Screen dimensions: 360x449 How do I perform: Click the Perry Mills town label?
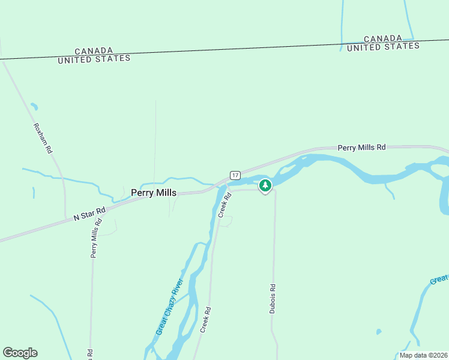[x=154, y=193]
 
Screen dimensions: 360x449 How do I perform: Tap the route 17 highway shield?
[x=235, y=175]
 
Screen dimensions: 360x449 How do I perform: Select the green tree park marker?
[x=265, y=185]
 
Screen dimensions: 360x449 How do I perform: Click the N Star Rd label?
[x=89, y=213]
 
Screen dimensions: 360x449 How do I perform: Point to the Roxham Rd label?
[x=43, y=139]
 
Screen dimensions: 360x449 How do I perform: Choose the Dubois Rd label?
[x=273, y=299]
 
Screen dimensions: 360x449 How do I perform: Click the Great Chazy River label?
[x=169, y=307]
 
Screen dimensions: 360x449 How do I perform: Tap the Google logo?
[x=20, y=353]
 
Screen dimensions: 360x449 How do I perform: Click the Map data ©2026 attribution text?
[x=423, y=355]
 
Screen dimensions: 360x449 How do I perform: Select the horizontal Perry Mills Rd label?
[x=361, y=147]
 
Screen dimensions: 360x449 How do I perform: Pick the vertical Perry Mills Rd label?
[x=94, y=238]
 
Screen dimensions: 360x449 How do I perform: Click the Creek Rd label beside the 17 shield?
[x=224, y=205]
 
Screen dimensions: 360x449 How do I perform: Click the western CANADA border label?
[x=94, y=51]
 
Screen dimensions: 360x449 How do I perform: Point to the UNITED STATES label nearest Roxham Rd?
[x=94, y=59]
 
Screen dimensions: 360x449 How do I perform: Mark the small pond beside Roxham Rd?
[x=34, y=107]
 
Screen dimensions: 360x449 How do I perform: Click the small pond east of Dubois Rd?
[x=378, y=331]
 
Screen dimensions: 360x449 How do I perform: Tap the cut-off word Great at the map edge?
[x=439, y=280]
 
